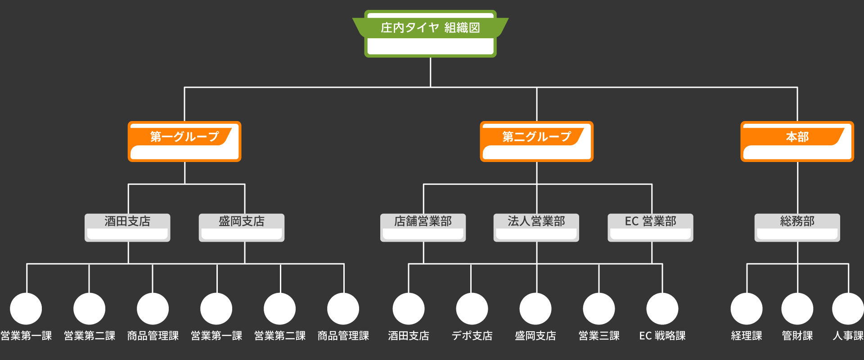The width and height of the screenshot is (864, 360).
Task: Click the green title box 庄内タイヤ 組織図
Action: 430,34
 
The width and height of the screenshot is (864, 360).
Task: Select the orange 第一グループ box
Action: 184,141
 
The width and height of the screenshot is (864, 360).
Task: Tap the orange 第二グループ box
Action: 536,141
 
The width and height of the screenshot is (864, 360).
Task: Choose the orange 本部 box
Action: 797,141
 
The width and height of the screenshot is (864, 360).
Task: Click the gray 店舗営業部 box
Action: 423,227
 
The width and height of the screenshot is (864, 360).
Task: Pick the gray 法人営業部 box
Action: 536,227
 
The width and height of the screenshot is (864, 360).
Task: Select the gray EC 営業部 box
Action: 650,227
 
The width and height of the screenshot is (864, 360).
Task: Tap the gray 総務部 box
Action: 797,227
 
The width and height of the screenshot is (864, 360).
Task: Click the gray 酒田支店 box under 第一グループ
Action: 127,227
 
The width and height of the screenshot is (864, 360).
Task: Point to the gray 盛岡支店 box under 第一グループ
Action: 242,227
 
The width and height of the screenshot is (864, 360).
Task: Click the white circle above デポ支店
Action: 472,309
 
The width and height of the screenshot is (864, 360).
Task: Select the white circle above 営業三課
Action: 599,309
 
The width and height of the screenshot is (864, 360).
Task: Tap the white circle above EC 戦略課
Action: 662,309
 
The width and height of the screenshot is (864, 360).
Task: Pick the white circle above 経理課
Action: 747,309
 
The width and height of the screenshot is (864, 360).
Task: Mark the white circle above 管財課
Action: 797,309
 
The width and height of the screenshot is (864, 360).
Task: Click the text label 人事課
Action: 848,336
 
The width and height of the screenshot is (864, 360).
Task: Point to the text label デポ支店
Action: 472,336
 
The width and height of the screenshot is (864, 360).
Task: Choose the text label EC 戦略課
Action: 662,336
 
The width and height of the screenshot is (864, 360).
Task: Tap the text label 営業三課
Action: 599,336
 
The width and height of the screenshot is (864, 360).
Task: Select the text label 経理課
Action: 747,336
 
